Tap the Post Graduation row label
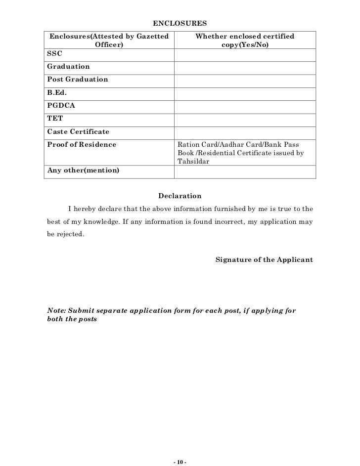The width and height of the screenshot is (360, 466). (x=77, y=79)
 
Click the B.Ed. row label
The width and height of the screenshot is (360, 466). (x=56, y=92)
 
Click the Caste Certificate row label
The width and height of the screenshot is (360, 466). (x=78, y=132)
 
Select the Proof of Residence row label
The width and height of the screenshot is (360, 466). (x=81, y=145)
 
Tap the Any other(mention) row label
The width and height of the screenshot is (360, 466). (x=83, y=170)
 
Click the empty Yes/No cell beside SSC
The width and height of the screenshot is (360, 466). (x=245, y=53)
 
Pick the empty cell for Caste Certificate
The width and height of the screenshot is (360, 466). (x=245, y=132)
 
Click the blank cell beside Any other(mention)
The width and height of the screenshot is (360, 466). (x=245, y=171)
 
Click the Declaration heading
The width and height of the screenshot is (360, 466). (x=180, y=196)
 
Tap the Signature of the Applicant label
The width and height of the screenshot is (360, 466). (x=264, y=259)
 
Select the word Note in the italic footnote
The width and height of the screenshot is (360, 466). (x=55, y=311)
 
